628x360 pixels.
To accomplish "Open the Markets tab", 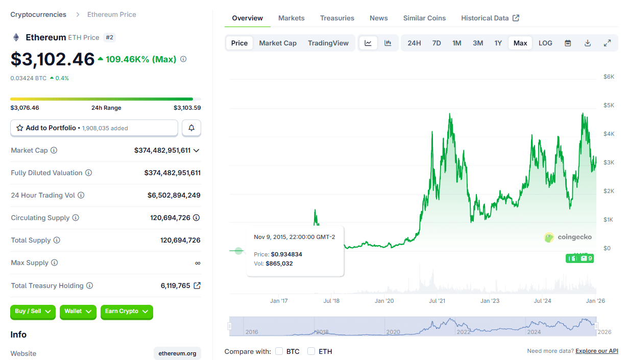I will tap(291, 18).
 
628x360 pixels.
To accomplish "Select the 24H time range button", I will tap(414, 43).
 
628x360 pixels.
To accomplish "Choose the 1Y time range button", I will tap(498, 43).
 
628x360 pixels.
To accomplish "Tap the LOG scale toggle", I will tap(545, 43).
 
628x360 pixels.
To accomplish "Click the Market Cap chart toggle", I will tap(278, 43).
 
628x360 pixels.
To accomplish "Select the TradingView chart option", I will tap(328, 43).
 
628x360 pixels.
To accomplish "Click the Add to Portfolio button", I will tap(94, 128).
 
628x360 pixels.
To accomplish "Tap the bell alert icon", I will tap(191, 128).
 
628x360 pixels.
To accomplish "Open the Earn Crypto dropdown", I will tap(127, 311).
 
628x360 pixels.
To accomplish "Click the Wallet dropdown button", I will tap(78, 311).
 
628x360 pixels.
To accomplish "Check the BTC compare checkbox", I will tap(279, 351).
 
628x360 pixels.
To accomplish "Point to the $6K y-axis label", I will tap(609, 77).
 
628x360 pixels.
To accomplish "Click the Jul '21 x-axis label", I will tap(437, 301).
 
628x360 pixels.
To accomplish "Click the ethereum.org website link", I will tap(177, 353).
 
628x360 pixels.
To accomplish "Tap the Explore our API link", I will tap(596, 351).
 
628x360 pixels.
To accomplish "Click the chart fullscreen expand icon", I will tap(607, 43).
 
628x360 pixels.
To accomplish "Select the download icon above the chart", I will tap(588, 43).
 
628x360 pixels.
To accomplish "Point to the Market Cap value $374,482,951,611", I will tap(162, 150).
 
